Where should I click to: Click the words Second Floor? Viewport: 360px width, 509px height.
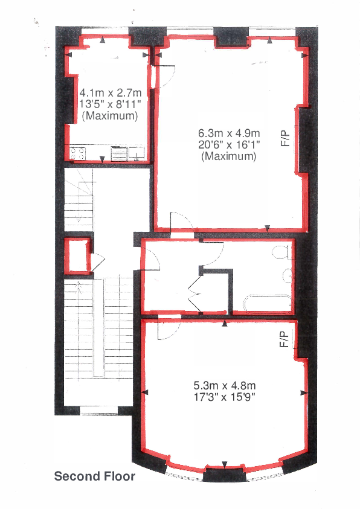[95, 476]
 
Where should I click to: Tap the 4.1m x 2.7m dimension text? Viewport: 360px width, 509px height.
[111, 93]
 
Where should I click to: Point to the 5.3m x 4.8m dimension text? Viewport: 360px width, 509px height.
[225, 385]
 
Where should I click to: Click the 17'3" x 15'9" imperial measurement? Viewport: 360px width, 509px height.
[225, 397]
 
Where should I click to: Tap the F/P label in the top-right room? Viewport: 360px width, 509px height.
[286, 138]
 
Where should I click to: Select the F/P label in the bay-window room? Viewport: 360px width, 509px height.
[285, 341]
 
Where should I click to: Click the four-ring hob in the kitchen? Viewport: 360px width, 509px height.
[77, 153]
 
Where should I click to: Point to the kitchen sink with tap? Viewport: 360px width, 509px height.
[138, 153]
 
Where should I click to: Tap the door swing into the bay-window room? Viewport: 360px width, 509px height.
[166, 330]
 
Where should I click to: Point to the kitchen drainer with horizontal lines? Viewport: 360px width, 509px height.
[118, 153]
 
